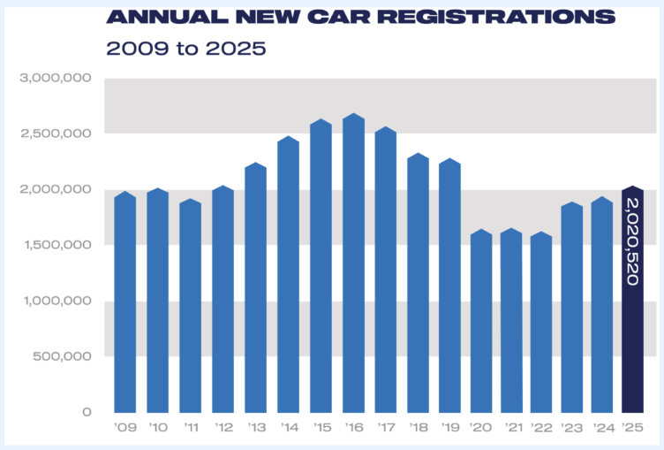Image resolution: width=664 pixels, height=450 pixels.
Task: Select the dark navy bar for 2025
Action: tap(632, 301)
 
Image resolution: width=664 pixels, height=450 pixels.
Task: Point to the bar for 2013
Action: tap(256, 288)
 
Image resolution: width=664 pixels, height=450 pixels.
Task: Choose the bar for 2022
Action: tap(541, 323)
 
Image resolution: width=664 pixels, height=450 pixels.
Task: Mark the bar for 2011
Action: tap(191, 306)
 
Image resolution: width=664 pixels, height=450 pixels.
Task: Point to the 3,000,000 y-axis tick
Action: tap(56, 79)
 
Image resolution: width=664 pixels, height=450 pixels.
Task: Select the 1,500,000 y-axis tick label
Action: tap(56, 245)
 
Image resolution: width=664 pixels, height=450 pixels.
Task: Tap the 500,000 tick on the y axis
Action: tap(62, 356)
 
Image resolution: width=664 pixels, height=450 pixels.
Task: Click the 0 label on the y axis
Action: tap(87, 412)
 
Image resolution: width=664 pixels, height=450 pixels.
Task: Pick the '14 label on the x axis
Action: tap(289, 429)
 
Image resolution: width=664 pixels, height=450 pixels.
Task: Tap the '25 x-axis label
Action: tap(631, 429)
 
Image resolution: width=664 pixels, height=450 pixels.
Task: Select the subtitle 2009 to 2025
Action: tap(185, 48)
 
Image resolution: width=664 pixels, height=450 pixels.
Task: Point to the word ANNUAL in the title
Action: tap(152, 17)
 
